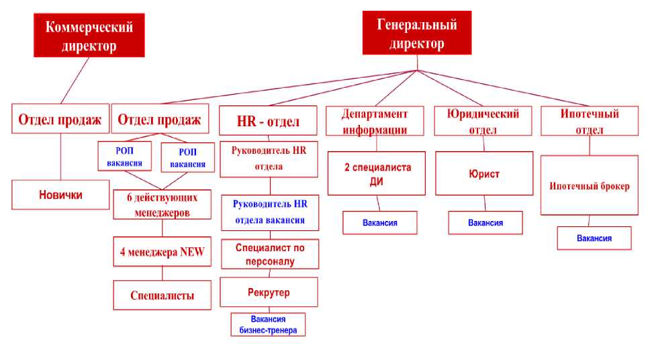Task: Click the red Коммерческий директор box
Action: coord(89,36)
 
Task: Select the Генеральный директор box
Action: coord(416,34)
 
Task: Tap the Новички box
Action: coord(60,195)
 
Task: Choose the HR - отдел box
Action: coord(268,122)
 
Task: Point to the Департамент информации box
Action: coord(375,121)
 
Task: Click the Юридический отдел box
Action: coord(484,121)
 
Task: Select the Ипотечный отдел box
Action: coord(589,121)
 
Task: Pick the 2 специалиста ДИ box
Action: coord(376,173)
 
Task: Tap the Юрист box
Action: coord(484,174)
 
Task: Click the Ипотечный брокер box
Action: coord(589,185)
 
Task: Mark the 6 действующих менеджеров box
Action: coord(160,205)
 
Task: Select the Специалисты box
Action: coord(162,295)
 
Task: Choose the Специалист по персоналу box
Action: coord(269,255)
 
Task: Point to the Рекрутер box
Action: coord(269,292)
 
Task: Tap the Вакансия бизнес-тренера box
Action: coord(268,324)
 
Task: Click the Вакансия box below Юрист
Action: coord(485,222)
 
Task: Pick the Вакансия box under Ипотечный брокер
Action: coord(594,238)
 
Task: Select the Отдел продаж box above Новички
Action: coord(60,120)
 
